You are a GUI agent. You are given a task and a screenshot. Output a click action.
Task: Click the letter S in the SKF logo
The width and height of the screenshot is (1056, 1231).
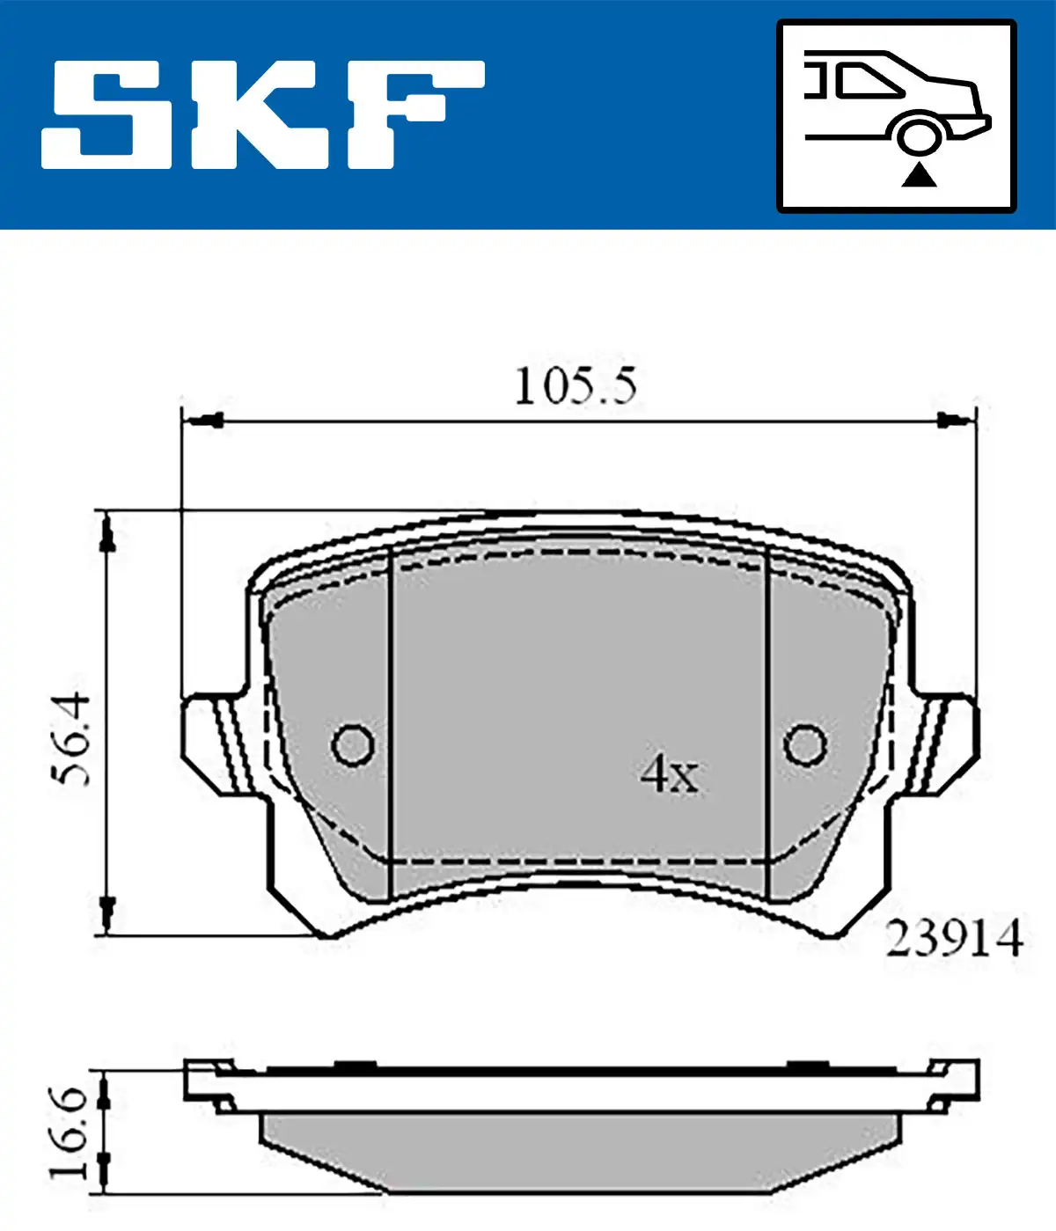(106, 114)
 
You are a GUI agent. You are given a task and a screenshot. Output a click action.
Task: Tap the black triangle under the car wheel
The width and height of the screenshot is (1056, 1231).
(919, 176)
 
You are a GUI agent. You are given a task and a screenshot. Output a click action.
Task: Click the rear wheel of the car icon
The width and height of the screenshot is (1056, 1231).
(918, 137)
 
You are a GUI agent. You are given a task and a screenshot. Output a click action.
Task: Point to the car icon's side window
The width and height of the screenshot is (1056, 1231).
(869, 80)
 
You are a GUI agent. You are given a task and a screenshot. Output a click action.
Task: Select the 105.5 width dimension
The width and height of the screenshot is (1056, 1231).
(576, 387)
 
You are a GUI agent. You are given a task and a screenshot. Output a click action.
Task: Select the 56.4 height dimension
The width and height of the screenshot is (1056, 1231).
(71, 740)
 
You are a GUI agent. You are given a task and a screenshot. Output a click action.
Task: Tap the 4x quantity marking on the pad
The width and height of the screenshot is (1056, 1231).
(670, 774)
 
